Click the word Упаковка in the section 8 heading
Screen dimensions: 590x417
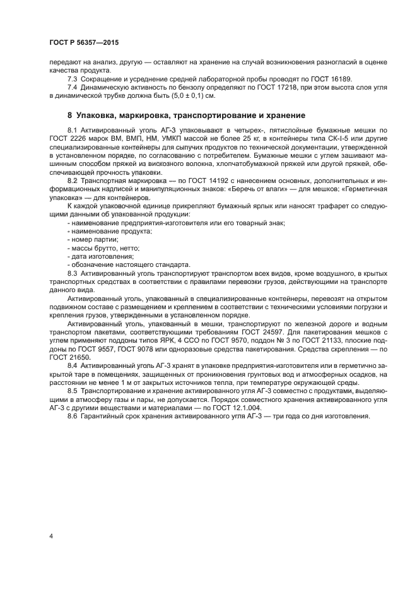[x=98, y=115]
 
